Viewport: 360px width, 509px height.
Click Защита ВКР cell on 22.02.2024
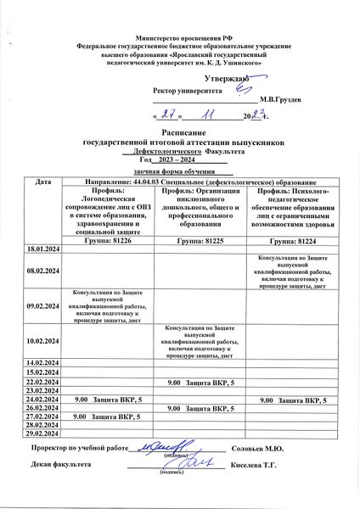coord(200,383)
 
